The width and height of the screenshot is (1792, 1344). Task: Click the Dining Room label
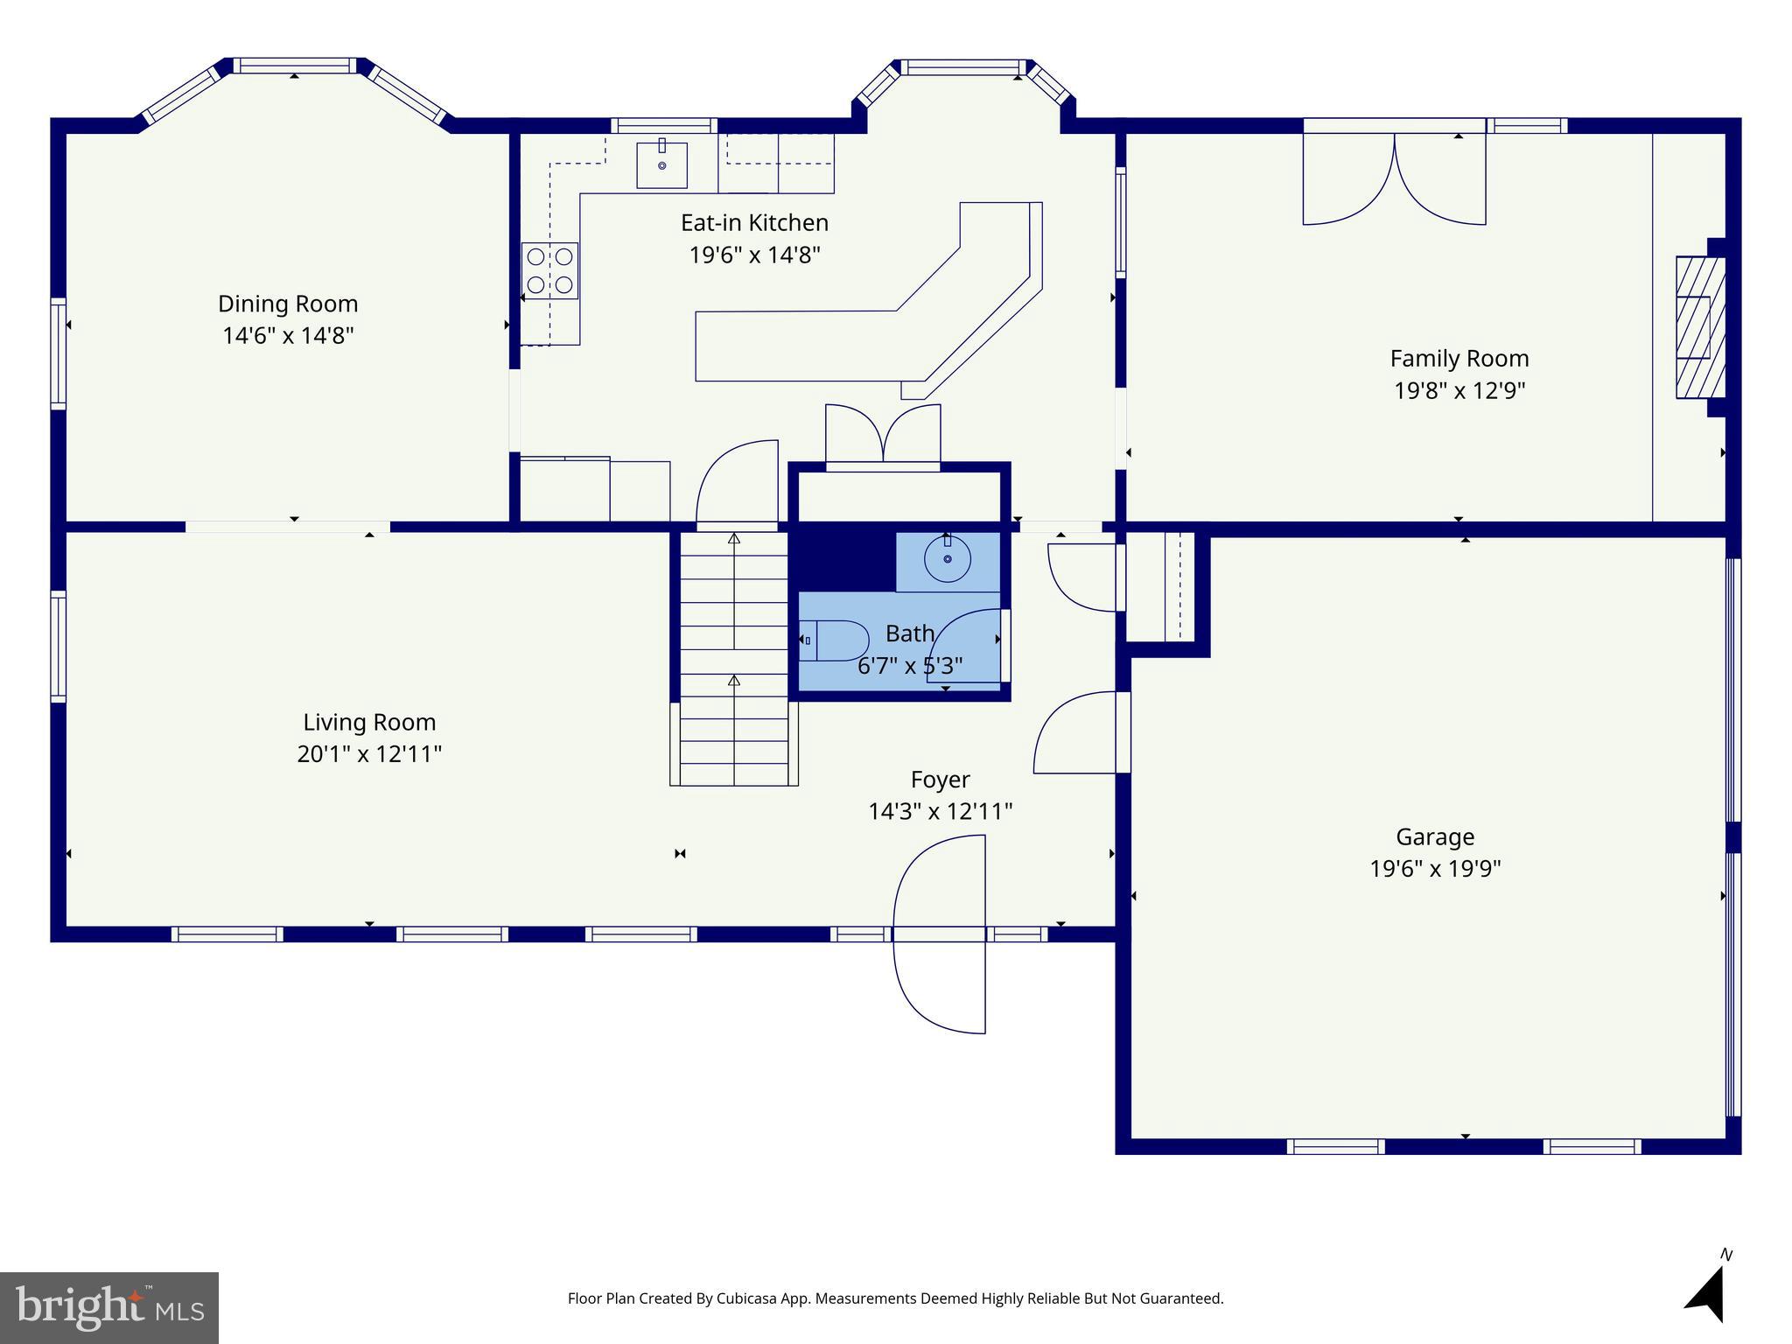[x=288, y=304]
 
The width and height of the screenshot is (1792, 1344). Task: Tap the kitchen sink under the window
[x=661, y=164]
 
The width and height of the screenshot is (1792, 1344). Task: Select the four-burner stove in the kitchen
[x=549, y=270]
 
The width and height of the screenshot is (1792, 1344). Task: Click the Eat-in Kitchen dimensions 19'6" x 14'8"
[x=754, y=255]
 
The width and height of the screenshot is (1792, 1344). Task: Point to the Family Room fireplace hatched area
[x=1699, y=327]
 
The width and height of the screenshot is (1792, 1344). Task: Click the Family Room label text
[x=1459, y=359]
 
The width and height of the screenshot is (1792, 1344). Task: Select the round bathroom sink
[x=948, y=559]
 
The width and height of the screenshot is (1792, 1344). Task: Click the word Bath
[x=909, y=633]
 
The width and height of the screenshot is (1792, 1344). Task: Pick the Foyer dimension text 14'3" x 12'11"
[x=940, y=811]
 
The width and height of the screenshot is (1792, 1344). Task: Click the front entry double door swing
[x=939, y=934]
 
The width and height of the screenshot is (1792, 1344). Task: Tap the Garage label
[x=1434, y=837]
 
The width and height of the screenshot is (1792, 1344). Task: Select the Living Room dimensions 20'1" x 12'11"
[x=369, y=754]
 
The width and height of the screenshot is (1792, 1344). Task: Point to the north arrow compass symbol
[x=1706, y=1294]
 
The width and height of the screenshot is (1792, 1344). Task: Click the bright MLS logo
[x=109, y=1307]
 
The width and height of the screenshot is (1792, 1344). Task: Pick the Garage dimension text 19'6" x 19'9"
[x=1434, y=869]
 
